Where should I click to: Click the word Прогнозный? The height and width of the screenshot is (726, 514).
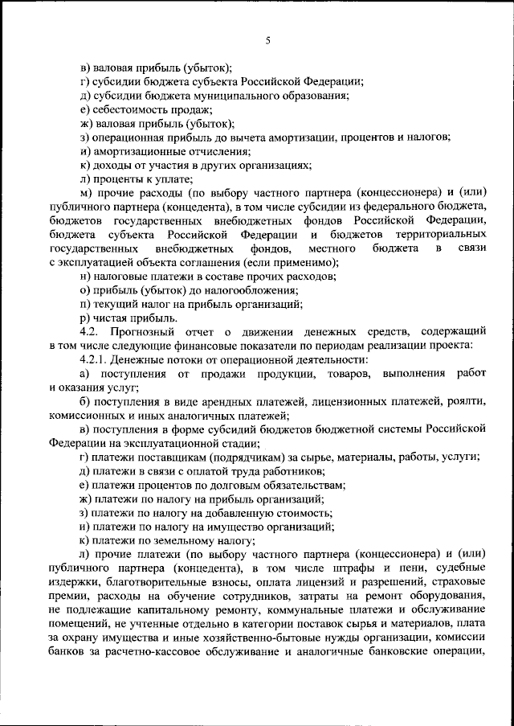[x=151, y=333]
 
